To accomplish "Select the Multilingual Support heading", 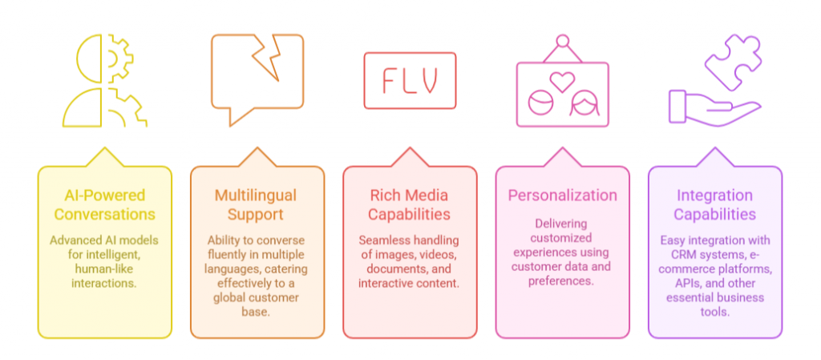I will [257, 204].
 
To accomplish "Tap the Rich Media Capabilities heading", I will [410, 204].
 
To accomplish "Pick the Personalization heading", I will [562, 195].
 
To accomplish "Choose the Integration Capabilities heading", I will [714, 204].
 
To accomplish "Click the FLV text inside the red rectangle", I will [409, 80].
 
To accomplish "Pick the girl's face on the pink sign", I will [582, 103].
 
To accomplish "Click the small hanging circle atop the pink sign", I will [562, 40].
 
